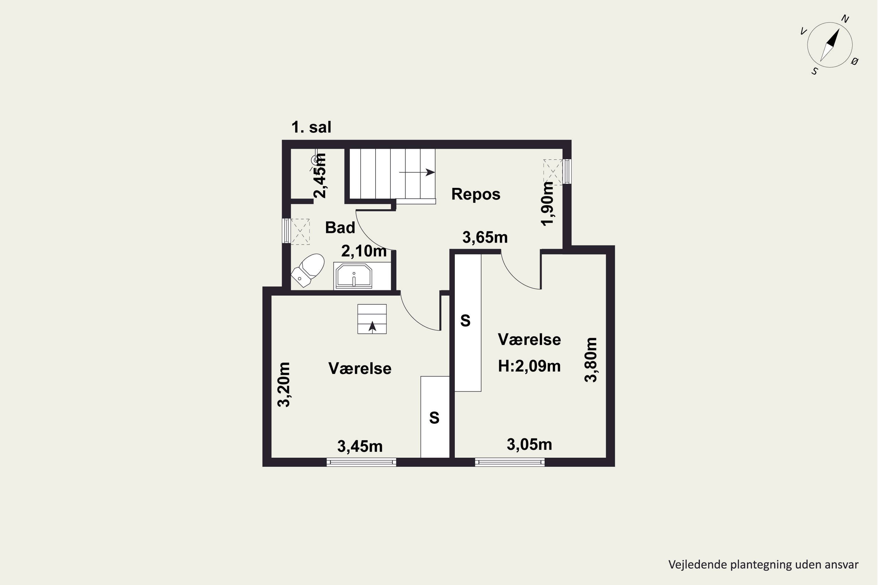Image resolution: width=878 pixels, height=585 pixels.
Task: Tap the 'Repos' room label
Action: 476,194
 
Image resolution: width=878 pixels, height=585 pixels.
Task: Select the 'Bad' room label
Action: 340,228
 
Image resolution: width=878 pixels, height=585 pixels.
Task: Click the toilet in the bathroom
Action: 308,270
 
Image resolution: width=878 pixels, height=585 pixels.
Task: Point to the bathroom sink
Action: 354,276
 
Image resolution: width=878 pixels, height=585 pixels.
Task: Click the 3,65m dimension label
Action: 485,238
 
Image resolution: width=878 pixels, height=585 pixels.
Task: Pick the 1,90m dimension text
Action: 548,204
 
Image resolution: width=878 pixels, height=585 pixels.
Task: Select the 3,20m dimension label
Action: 284,384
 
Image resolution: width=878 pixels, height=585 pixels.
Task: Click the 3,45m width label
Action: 360,446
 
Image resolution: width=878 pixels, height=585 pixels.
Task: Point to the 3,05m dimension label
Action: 529,444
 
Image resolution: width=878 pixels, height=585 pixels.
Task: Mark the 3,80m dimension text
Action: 591,360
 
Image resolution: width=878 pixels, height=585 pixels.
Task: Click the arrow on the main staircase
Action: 417,172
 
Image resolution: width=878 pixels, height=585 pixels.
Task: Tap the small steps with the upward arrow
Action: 372,319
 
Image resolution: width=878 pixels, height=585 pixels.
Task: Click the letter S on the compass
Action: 815,71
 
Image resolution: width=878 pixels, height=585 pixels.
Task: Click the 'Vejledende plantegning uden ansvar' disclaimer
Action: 763,565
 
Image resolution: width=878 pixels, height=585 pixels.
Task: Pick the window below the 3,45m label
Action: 361,462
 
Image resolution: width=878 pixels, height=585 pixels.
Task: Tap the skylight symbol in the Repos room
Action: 553,172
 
